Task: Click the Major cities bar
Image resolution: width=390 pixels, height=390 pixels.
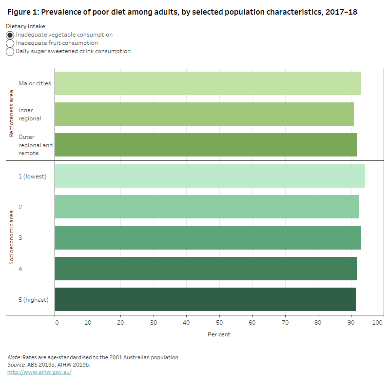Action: (208, 83)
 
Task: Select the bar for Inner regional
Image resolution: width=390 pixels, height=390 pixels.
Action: (204, 114)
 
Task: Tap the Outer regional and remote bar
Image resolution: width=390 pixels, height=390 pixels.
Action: (206, 145)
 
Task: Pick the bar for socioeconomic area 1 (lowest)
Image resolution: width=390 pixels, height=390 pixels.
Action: (210, 176)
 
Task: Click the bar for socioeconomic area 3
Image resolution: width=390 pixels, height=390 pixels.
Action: (208, 238)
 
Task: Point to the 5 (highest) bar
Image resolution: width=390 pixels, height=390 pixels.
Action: (205, 299)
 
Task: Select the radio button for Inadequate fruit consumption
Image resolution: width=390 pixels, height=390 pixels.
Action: (10, 43)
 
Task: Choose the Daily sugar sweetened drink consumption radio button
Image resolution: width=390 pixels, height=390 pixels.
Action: (10, 52)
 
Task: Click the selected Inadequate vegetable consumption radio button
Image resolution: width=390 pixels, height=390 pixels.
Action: (10, 35)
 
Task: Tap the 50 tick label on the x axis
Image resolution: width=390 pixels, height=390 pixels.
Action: (219, 323)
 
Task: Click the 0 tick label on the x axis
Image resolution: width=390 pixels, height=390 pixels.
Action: (56, 323)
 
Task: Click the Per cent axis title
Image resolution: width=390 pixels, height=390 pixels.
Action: (219, 334)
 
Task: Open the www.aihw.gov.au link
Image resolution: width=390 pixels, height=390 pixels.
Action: (39, 372)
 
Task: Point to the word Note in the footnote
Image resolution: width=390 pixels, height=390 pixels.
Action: (14, 357)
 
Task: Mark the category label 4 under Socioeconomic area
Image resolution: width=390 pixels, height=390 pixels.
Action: (20, 269)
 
